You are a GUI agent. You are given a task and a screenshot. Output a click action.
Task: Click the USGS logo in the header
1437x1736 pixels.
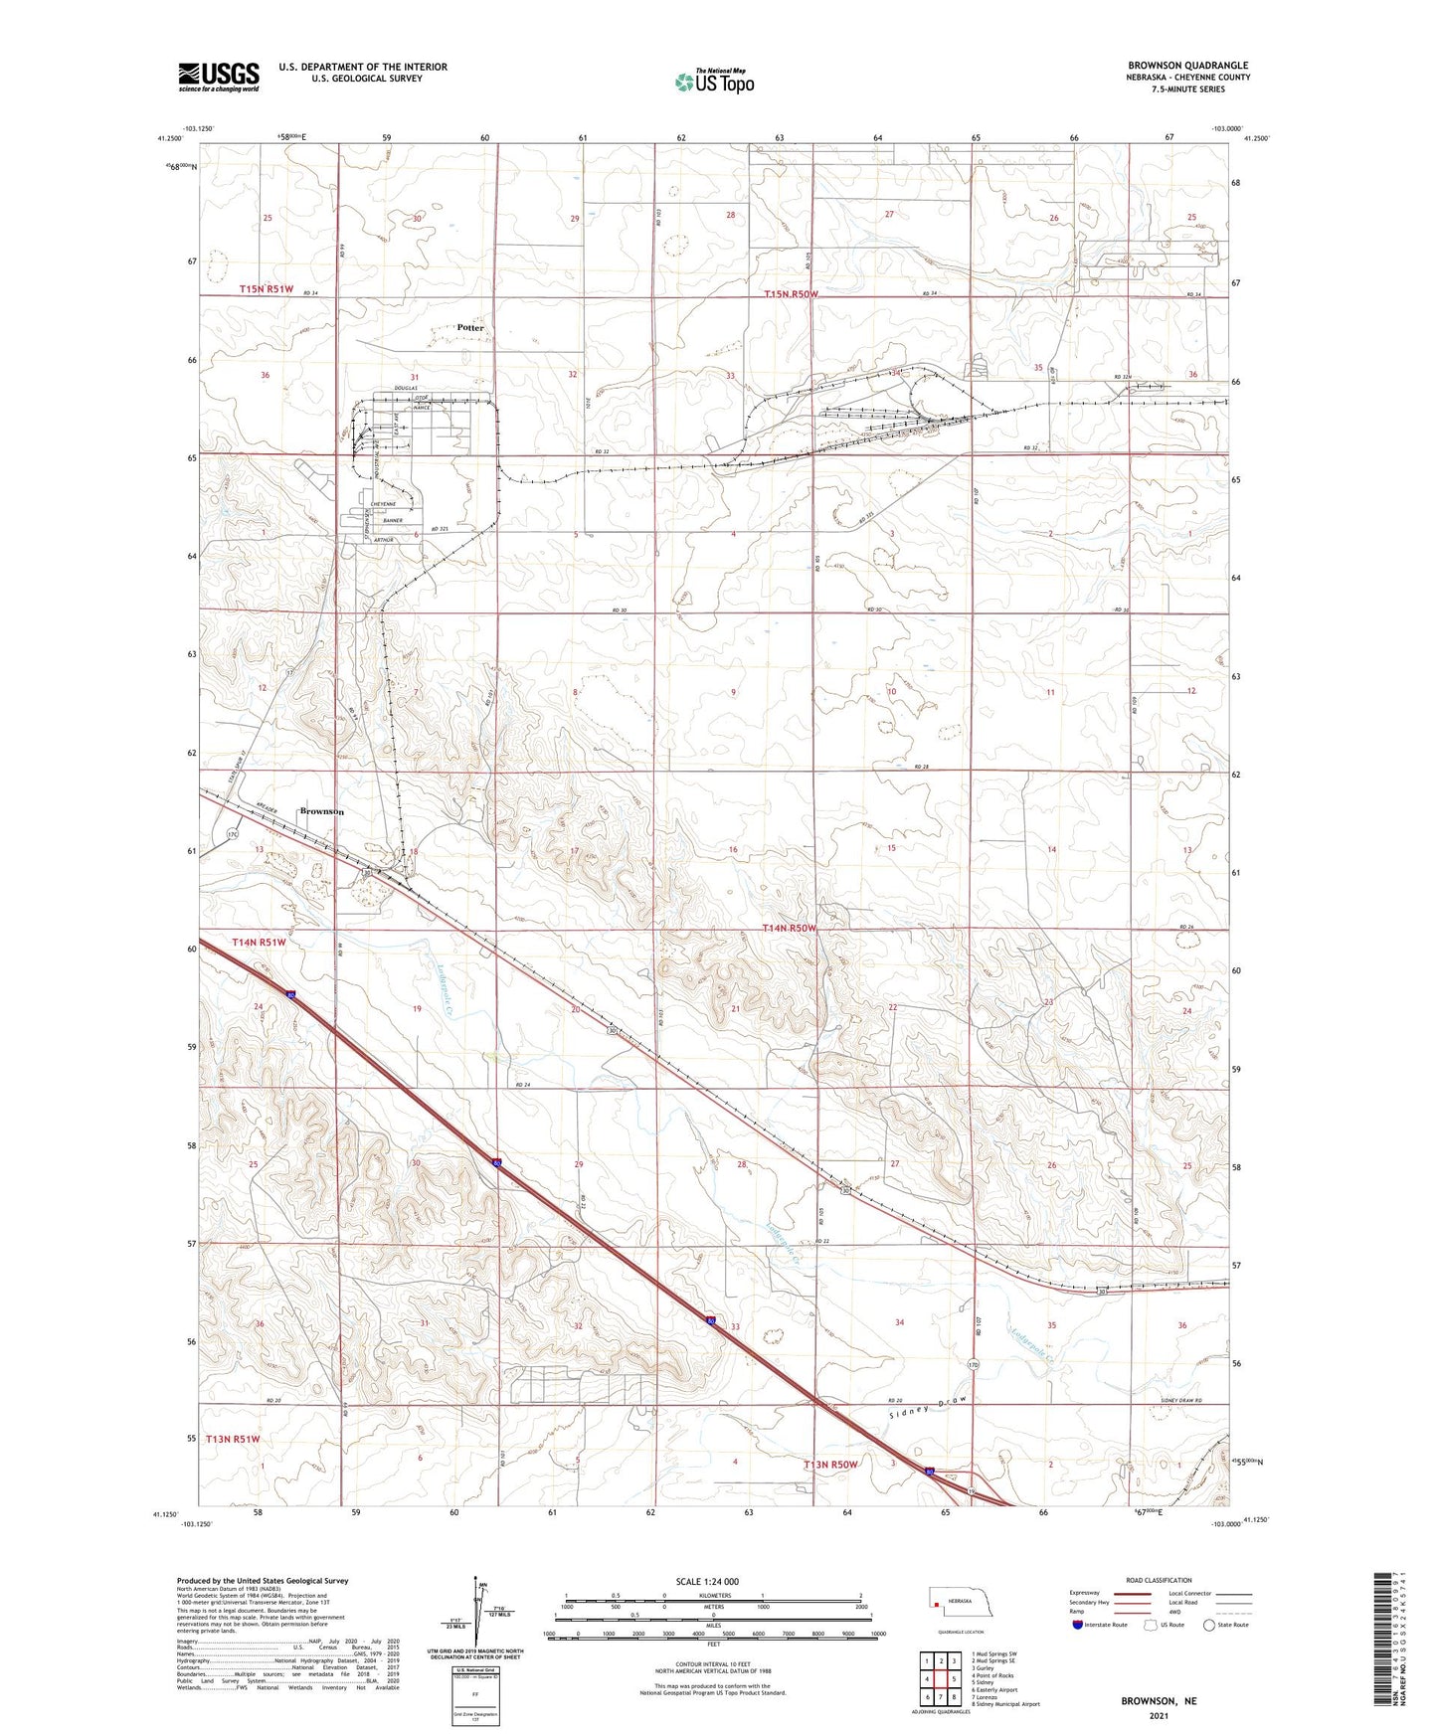[x=218, y=77]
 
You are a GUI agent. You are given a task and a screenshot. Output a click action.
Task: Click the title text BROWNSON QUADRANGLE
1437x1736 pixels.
[x=1188, y=66]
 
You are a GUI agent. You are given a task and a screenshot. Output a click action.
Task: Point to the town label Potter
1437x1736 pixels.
[x=470, y=327]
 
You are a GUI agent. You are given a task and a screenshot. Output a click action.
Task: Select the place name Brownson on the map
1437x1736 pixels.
[x=322, y=811]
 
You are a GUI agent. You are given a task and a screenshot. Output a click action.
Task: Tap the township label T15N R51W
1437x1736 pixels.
[x=267, y=288]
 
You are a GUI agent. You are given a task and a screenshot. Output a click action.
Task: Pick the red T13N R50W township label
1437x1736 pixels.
[x=830, y=1465]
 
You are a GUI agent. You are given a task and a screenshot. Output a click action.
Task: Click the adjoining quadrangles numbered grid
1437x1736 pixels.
[x=939, y=1679]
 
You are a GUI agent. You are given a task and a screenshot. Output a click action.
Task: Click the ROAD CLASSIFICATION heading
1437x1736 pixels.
[x=1159, y=1580]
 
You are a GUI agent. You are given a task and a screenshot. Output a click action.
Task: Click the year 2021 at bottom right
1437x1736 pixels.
[x=1159, y=1715]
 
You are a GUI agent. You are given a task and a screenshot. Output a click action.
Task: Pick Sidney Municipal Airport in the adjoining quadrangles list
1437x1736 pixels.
[x=1007, y=1703]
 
